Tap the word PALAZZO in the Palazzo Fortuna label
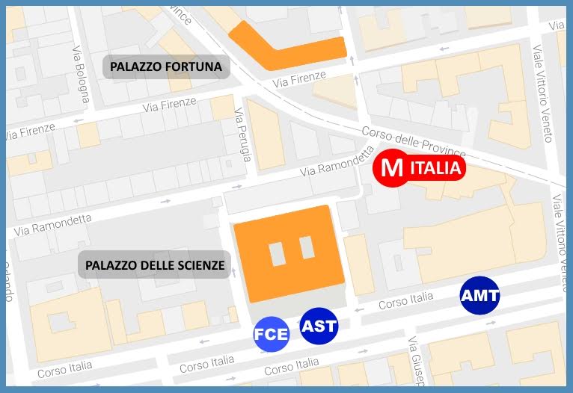pos(137,67)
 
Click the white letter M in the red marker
pos(391,168)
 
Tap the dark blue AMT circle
pos(479,295)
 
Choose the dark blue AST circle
pos(319,326)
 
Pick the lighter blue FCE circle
pos(272,334)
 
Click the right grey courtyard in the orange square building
pos(307,248)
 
